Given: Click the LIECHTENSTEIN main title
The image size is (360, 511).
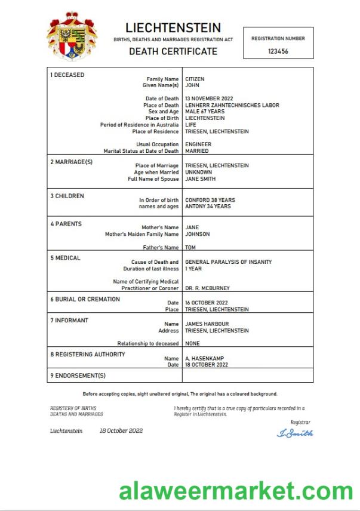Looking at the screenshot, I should point(173,27).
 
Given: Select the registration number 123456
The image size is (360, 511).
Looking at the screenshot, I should point(278,52).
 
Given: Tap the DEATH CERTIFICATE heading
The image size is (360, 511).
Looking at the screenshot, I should point(173,51).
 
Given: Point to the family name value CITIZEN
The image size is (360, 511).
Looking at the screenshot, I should point(195,79).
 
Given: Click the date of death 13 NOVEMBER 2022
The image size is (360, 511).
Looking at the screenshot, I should point(209,98).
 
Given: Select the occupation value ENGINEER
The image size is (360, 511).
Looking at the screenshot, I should point(198,144).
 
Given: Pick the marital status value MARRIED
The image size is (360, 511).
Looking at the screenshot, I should point(197,151).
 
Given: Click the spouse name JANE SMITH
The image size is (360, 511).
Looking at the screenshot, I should point(201,178).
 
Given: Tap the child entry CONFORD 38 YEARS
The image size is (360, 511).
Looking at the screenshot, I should point(210,200).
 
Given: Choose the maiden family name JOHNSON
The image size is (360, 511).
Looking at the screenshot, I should point(198,234).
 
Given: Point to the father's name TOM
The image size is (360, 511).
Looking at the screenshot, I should point(190,247).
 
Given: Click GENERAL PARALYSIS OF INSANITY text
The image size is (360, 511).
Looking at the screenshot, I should point(228,262).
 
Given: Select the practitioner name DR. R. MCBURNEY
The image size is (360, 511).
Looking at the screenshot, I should point(207,288).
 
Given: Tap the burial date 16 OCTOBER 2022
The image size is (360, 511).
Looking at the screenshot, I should point(207,303).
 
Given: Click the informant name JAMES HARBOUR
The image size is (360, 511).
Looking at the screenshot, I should point(207,324).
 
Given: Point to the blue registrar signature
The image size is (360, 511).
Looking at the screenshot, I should point(295,433).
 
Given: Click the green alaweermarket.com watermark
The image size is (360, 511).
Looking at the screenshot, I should point(236,491).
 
